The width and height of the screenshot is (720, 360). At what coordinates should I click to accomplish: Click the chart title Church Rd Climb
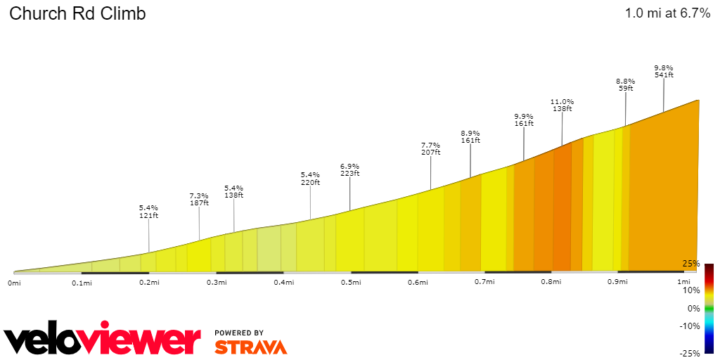[x=77, y=14]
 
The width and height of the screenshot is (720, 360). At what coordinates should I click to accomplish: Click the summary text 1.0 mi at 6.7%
[x=667, y=13]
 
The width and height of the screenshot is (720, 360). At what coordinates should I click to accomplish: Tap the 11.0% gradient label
[x=562, y=105]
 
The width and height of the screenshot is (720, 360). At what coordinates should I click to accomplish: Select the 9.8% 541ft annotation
[x=664, y=71]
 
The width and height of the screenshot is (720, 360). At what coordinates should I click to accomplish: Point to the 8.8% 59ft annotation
[x=626, y=85]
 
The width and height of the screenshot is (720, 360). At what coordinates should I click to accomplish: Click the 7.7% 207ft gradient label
[x=430, y=148]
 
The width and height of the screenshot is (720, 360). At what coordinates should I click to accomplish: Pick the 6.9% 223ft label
[x=349, y=169]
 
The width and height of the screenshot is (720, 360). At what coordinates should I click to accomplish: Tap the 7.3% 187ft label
[x=199, y=199]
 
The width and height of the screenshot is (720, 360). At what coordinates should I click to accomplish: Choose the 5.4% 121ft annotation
[x=148, y=212]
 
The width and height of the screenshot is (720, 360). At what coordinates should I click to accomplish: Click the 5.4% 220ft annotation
[x=310, y=178]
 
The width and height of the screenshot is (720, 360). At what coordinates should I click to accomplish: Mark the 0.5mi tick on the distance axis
[x=351, y=283]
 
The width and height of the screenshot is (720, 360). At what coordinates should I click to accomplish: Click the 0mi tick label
[x=14, y=283]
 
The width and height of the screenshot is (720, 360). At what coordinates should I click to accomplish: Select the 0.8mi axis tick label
[x=551, y=283]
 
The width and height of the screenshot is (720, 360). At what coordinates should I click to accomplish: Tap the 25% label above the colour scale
[x=691, y=264]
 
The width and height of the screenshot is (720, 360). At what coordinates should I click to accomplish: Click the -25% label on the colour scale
[x=690, y=354]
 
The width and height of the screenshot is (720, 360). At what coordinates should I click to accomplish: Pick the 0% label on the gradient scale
[x=693, y=308]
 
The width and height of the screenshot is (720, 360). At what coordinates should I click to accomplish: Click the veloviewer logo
[x=103, y=340]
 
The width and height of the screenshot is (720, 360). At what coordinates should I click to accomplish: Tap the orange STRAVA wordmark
[x=250, y=347]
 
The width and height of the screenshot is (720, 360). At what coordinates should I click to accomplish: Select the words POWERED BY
[x=239, y=333]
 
